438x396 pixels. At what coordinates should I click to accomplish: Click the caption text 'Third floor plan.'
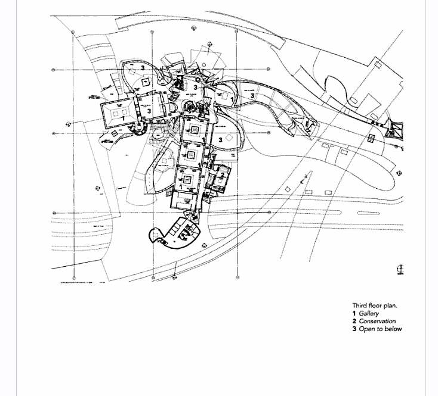click(x=374, y=305)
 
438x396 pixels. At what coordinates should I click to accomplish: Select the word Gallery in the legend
click(x=369, y=313)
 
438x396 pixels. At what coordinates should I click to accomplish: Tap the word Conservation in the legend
click(x=377, y=321)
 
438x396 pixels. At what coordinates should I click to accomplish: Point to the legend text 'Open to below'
click(x=380, y=329)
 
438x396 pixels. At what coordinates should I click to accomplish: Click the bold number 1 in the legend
click(x=354, y=313)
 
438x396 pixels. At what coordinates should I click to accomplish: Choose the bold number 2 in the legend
click(x=354, y=321)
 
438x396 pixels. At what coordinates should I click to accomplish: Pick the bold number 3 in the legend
click(x=354, y=329)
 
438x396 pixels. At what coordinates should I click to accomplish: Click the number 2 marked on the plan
click(x=222, y=176)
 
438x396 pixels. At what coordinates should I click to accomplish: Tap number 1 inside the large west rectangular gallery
click(x=123, y=118)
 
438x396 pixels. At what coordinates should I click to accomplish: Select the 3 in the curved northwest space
click(x=143, y=68)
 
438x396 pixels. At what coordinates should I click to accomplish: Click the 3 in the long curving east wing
click(x=252, y=96)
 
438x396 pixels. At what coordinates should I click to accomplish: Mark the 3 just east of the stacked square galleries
click(x=221, y=139)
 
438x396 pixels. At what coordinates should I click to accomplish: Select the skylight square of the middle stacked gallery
click(x=191, y=155)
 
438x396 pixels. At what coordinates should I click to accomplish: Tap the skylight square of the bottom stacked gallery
click(x=187, y=179)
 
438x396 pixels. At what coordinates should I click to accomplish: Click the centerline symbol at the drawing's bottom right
click(x=400, y=270)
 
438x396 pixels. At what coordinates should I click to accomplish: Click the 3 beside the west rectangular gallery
click(x=149, y=111)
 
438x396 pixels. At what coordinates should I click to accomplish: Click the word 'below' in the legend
click(x=393, y=329)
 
